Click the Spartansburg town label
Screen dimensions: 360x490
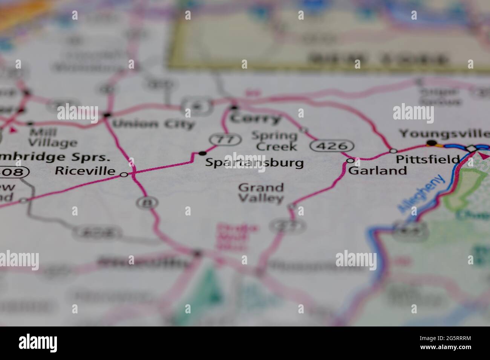coord(254,163)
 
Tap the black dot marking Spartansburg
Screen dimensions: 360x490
coord(203,153)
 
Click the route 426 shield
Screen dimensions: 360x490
coord(332,145)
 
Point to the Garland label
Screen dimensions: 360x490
coord(378,171)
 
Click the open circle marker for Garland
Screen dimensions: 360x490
coord(351,161)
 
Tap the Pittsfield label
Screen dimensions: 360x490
coord(428,159)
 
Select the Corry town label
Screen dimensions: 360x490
coord(256,119)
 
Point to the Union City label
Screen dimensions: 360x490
coord(153,124)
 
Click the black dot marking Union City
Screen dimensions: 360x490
coord(108,114)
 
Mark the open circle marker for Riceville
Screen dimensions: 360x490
coord(124,174)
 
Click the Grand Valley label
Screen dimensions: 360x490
coord(261,192)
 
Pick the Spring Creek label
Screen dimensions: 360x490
coord(274,140)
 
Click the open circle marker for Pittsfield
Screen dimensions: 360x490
coord(393,151)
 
